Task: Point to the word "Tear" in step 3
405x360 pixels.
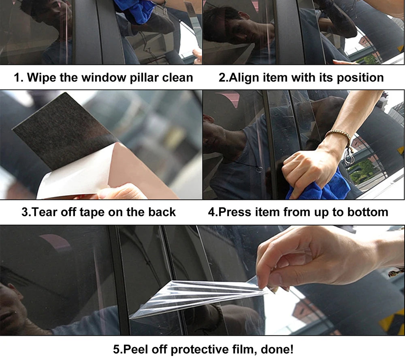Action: [48, 212]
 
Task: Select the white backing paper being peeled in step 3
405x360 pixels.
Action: [73, 178]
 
